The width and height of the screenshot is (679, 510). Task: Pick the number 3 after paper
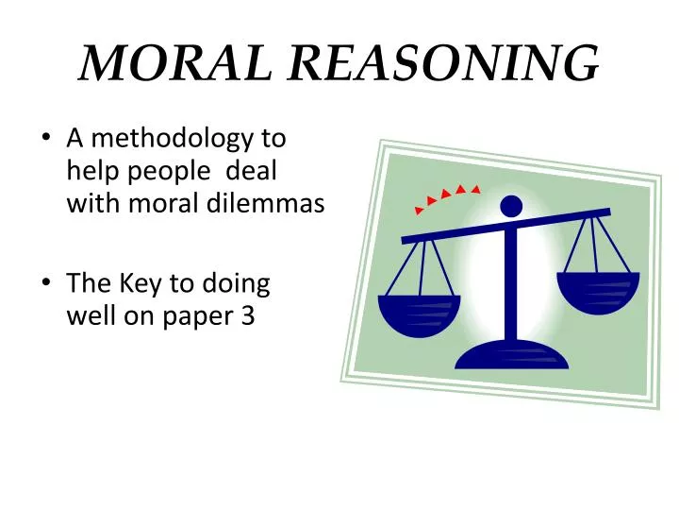(x=248, y=316)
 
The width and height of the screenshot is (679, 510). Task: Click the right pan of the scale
(x=598, y=291)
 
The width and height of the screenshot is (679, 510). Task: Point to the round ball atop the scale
(x=511, y=206)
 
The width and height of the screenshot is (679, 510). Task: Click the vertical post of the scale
(x=511, y=283)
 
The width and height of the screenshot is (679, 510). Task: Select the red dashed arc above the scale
(x=447, y=196)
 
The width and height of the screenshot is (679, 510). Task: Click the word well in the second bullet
(x=88, y=316)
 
